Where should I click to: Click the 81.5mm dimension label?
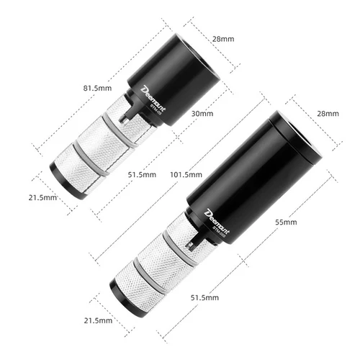(x=98, y=88)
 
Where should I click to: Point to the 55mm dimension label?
(x=285, y=222)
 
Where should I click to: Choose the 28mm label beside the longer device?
(x=327, y=113)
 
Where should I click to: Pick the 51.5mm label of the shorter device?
(x=142, y=174)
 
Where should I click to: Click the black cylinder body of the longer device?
(x=252, y=173)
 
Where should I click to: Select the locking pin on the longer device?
(x=191, y=243)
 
